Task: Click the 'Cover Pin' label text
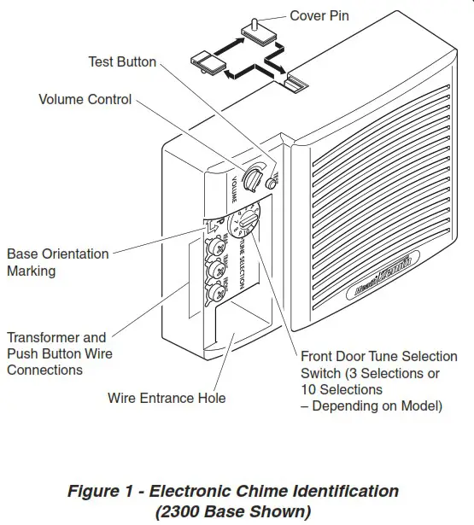(x=319, y=16)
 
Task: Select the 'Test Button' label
(x=122, y=61)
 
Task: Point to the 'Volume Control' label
(x=85, y=99)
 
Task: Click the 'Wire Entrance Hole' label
(x=167, y=398)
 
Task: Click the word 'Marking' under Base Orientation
(x=32, y=271)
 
